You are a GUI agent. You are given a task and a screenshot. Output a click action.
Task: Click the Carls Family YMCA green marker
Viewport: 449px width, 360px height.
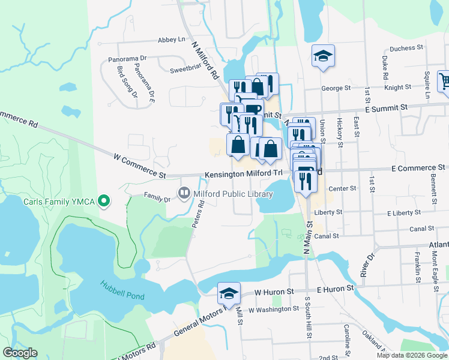click(x=104, y=201)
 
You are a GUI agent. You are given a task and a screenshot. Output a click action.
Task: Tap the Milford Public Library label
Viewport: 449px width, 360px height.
click(x=232, y=194)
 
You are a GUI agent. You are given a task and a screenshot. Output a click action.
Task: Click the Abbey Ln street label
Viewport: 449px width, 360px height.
click(x=171, y=40)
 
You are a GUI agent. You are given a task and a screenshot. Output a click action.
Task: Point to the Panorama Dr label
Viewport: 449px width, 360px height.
click(x=127, y=59)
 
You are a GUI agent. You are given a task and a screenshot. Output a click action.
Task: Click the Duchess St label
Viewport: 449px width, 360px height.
click(x=407, y=47)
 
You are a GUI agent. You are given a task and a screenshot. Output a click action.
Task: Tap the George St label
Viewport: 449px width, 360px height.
click(x=336, y=88)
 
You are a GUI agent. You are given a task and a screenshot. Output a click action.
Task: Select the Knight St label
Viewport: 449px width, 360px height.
click(x=398, y=88)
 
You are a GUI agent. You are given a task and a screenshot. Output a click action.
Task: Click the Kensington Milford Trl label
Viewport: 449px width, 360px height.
click(x=243, y=173)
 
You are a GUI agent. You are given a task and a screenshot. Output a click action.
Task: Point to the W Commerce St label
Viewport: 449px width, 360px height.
click(x=139, y=166)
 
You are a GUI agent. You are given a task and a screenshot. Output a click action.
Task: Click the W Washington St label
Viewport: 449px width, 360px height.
click(x=273, y=310)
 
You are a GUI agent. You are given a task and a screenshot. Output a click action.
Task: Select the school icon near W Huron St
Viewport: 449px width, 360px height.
click(x=229, y=293)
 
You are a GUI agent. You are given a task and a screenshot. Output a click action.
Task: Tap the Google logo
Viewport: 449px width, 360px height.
click(x=20, y=353)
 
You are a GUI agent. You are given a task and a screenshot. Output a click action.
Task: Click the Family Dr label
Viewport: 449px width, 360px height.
click(x=157, y=196)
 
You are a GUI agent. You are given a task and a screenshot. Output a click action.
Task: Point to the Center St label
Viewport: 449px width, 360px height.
click(x=342, y=188)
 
